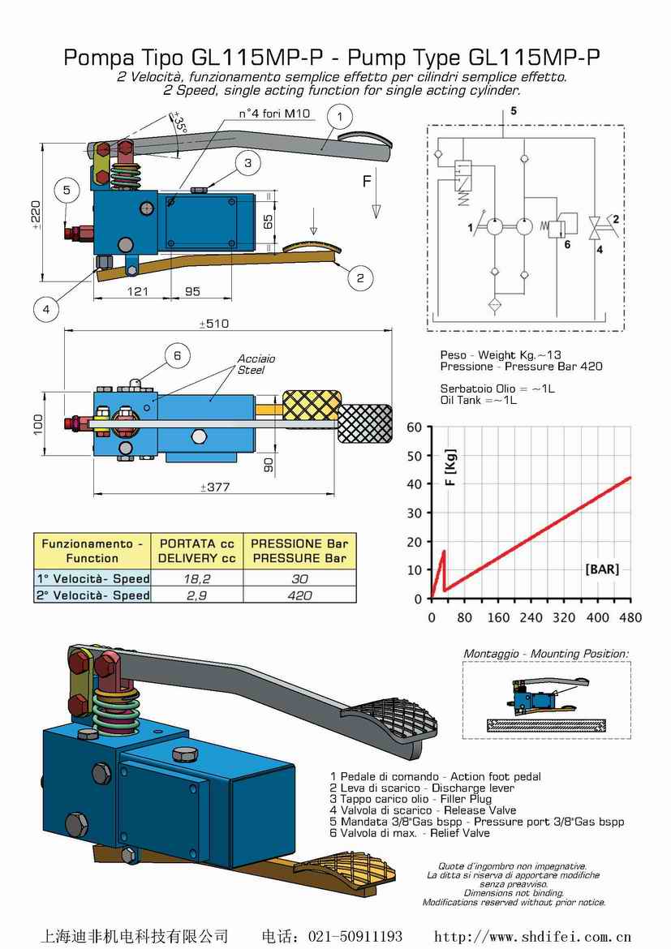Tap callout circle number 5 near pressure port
coord(67,191)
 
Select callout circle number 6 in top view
coord(177,355)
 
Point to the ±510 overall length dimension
coord(214,324)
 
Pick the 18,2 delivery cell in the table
coord(196,578)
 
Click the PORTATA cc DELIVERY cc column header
coord(196,551)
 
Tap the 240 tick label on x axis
coord(531,618)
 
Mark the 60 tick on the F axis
coord(415,427)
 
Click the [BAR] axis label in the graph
coord(601,569)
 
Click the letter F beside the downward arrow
coord(367,182)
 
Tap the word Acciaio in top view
coord(256,359)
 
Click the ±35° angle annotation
coord(179,122)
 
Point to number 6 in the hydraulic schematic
coord(566,243)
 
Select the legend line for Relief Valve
coord(410,833)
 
